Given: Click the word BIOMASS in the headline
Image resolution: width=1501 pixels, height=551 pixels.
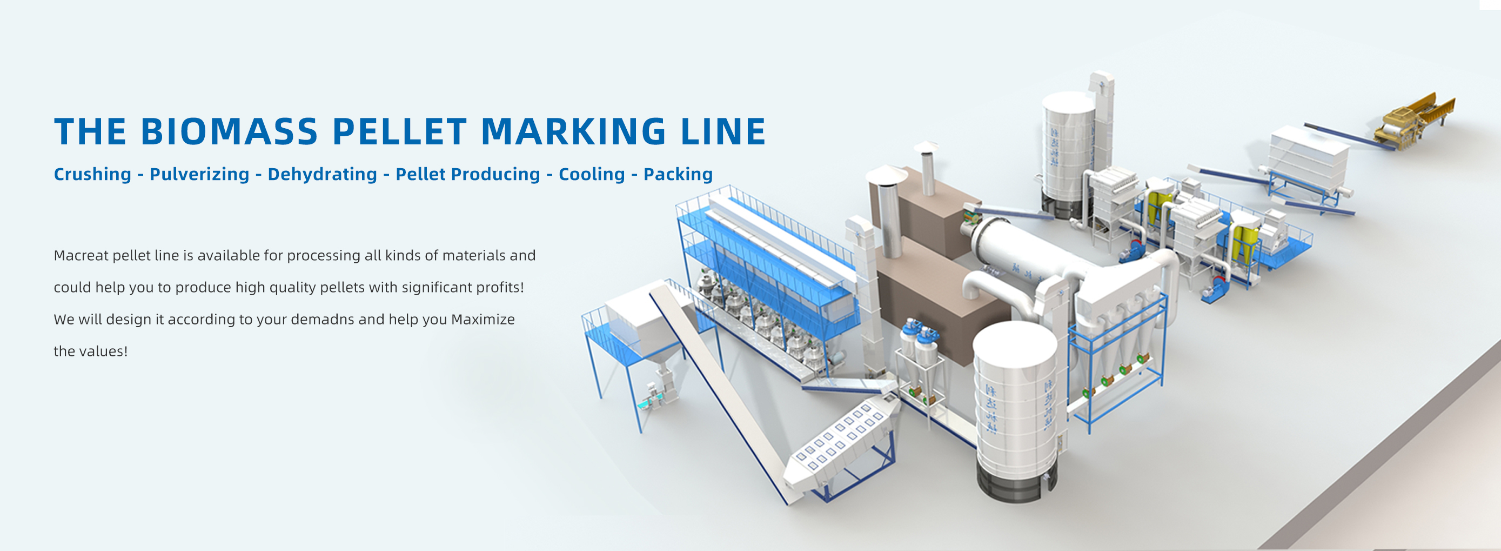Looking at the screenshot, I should click(x=229, y=131).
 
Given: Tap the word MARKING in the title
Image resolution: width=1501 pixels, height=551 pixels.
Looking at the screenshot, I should click(x=573, y=131).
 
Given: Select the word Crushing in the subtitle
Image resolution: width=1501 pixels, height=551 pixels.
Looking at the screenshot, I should click(x=92, y=174).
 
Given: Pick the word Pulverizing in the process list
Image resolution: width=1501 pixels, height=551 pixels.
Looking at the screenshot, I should click(x=199, y=174).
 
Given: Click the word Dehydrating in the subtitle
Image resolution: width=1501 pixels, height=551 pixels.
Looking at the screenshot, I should click(x=322, y=174).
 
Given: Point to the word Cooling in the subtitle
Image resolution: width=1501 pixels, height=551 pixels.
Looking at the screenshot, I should click(x=592, y=174).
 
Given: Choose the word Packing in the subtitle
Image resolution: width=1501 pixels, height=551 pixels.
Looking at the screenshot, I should click(x=678, y=174).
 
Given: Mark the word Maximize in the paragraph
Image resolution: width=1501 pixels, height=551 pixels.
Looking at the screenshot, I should click(x=483, y=320).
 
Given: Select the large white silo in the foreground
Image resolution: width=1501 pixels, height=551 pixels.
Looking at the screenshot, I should click(x=1017, y=408).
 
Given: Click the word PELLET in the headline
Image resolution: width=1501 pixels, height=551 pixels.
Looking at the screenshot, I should click(x=399, y=131).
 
